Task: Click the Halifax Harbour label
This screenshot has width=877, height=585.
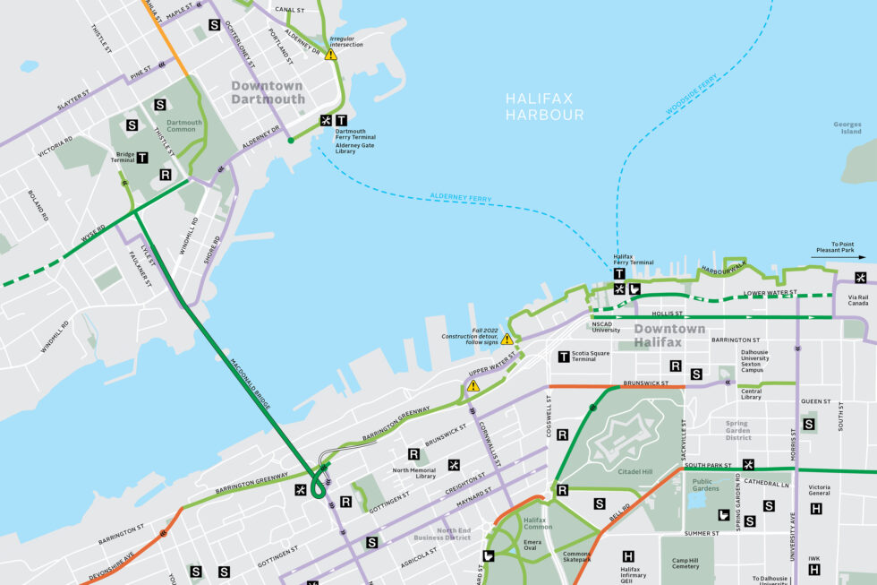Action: click(x=544, y=107)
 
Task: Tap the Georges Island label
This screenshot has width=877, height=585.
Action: click(x=847, y=127)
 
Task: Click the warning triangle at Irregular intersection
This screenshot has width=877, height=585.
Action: click(x=331, y=55)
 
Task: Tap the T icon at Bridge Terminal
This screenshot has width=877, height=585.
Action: click(x=141, y=158)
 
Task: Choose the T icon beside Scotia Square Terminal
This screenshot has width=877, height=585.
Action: click(x=564, y=357)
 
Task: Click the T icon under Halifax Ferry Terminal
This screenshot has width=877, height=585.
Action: click(x=618, y=273)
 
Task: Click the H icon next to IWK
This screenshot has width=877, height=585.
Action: click(x=815, y=569)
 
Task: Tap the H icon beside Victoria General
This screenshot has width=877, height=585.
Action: click(x=815, y=509)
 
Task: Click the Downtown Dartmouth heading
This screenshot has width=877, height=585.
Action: click(x=267, y=92)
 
